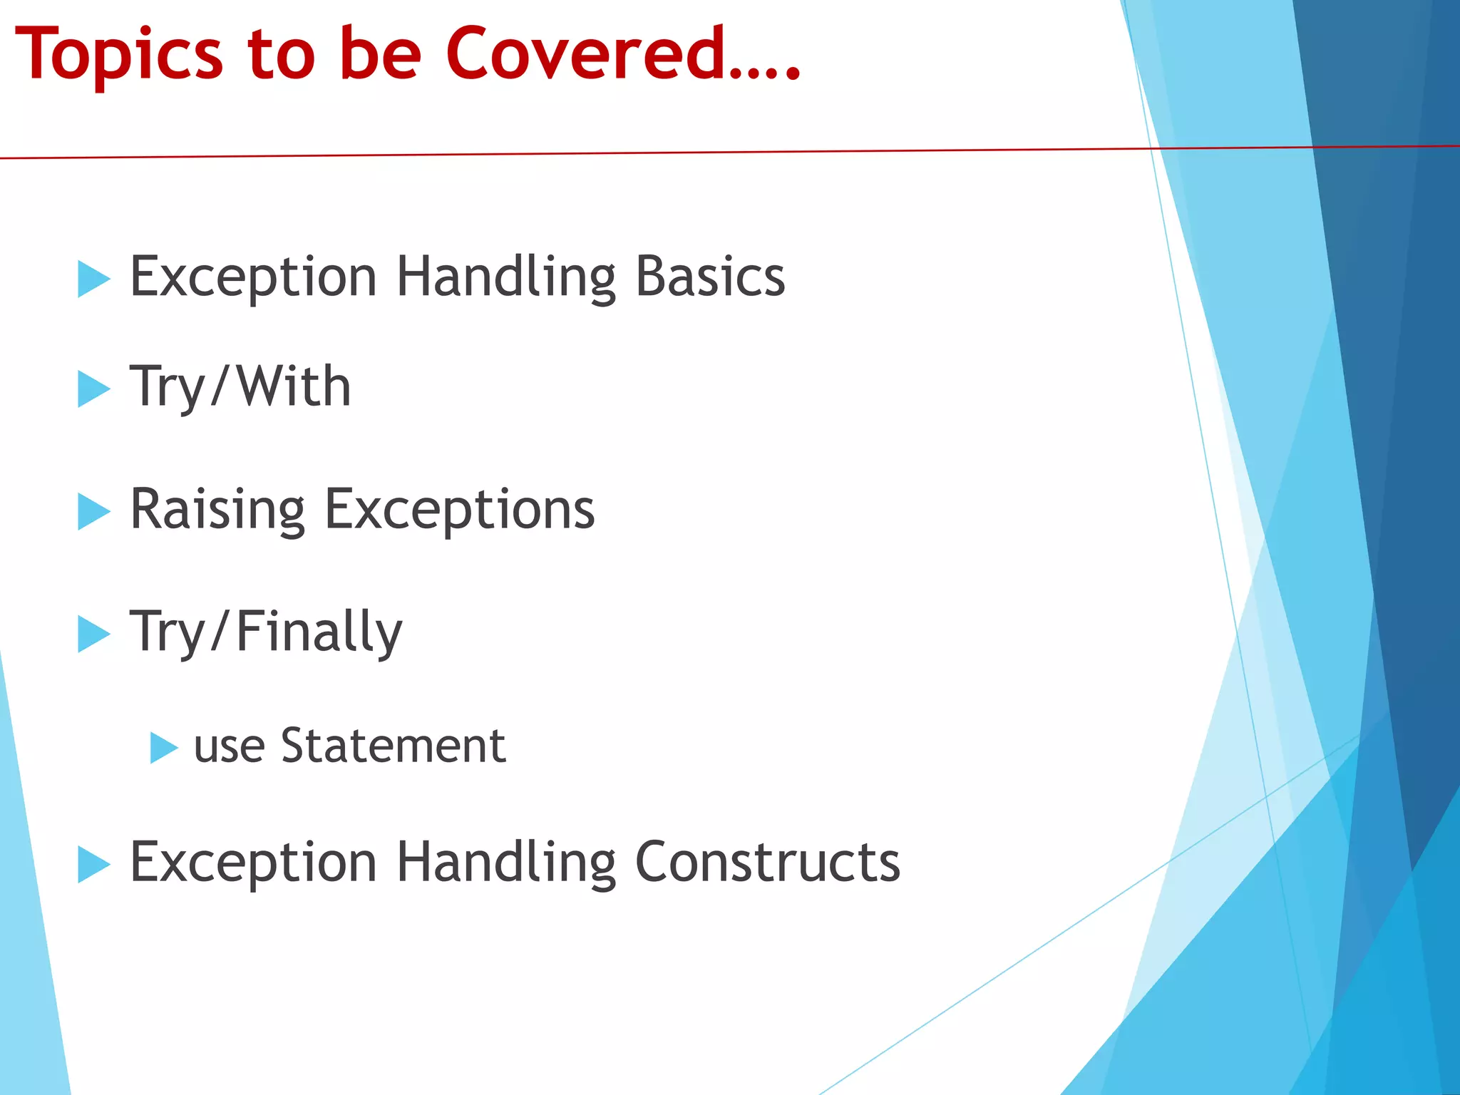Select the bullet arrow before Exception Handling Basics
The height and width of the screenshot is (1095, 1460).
93,278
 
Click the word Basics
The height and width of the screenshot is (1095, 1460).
710,277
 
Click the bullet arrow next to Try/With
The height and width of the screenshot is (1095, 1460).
93,389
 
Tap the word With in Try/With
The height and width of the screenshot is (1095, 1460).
294,386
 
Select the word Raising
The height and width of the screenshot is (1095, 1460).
218,510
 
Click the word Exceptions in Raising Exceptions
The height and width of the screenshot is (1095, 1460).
460,510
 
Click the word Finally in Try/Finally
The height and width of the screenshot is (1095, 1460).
319,632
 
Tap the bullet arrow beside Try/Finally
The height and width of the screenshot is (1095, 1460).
93,634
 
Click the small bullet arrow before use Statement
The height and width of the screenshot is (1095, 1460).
163,748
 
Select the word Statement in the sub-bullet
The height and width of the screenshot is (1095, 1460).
393,746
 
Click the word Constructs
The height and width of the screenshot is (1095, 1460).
767,862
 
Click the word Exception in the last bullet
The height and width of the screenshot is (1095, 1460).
253,863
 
